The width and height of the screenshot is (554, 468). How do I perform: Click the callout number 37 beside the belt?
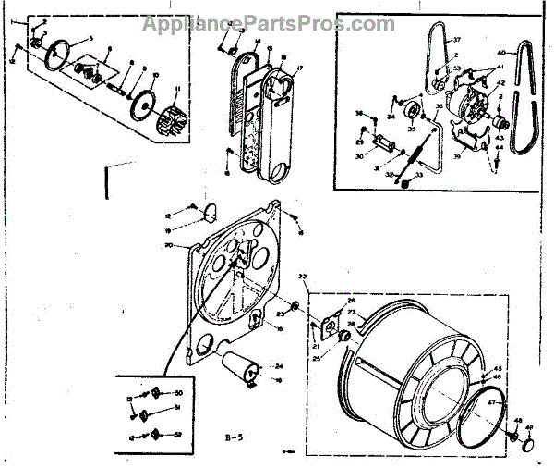pyautogui.click(x=456, y=40)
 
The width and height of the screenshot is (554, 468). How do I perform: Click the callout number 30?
pyautogui.click(x=362, y=157)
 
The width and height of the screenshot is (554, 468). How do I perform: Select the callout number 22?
pyautogui.click(x=301, y=279)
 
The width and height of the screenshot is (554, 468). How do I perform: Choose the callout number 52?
pyautogui.click(x=180, y=436)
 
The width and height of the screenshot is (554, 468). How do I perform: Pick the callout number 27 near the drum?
pyautogui.click(x=350, y=313)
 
